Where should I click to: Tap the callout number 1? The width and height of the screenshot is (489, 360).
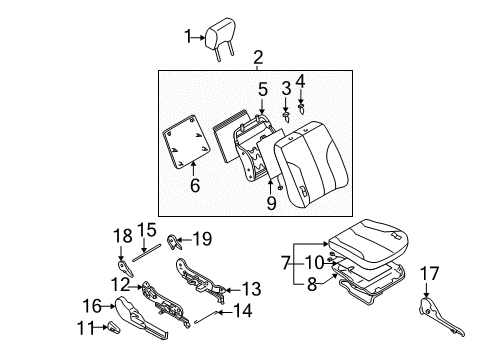tap(185, 38)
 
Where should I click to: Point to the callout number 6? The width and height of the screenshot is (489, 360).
tap(194, 184)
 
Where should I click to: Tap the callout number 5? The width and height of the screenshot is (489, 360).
tap(262, 88)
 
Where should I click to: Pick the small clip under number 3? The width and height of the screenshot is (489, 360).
tap(286, 116)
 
